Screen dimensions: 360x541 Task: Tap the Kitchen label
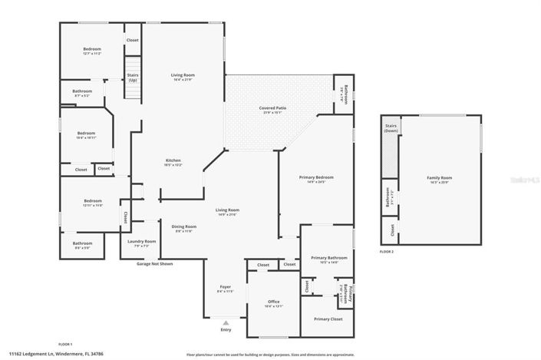coord(173,160)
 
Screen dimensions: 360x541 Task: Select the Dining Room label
coord(183,226)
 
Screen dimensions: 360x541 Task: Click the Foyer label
coord(225,287)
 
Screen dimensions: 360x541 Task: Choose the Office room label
coord(274,302)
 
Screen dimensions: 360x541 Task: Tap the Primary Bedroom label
coord(316,177)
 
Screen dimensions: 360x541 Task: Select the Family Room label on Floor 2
coord(439,177)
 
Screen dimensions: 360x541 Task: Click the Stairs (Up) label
coord(133,78)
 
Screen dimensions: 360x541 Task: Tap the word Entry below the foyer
coord(226,330)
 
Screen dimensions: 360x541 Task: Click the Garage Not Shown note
coord(155,263)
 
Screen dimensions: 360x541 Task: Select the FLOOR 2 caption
coord(386,252)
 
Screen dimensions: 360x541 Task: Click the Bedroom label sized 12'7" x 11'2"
coord(92,49)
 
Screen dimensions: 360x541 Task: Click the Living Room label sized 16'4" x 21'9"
coord(183,74)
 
